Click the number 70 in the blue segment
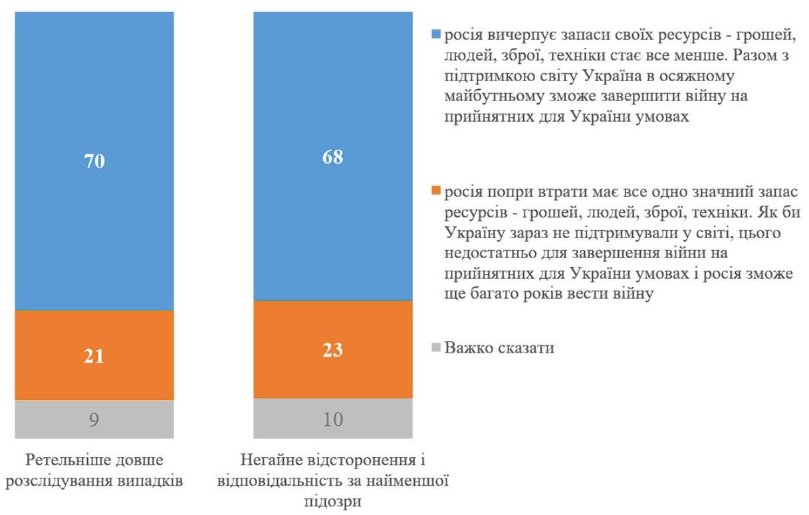(94, 162)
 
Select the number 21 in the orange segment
(94, 357)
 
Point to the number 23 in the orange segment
(332, 351)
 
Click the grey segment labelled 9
(94, 420)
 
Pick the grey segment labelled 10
(332, 419)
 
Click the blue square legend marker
(436, 33)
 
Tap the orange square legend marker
(436, 192)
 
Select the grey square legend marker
(436, 347)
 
